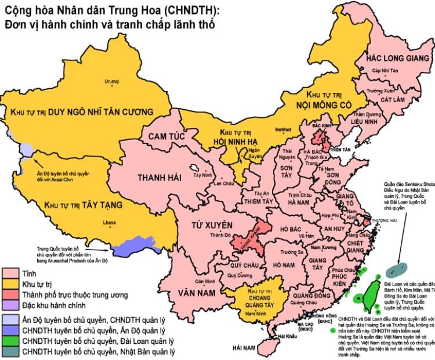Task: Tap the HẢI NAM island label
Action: coord(245,347)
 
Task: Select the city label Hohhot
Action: coord(282,129)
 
